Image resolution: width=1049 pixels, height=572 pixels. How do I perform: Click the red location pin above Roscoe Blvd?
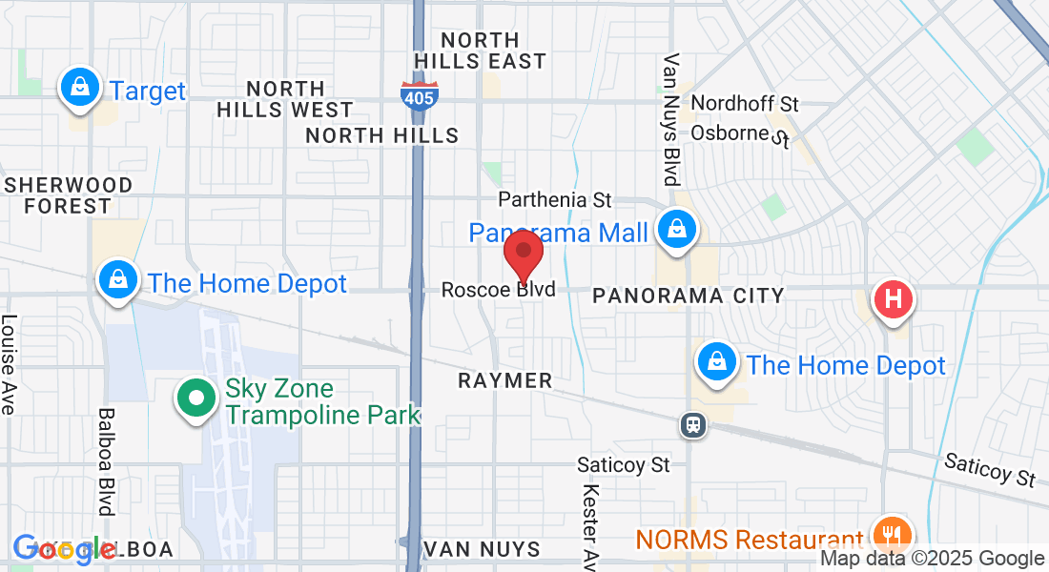pyautogui.click(x=523, y=252)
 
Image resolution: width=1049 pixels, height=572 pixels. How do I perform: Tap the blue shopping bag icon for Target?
pyautogui.click(x=81, y=88)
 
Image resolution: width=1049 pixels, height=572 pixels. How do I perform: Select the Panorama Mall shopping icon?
pyautogui.click(x=675, y=230)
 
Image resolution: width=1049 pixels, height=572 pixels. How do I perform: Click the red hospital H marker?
pyautogui.click(x=893, y=298)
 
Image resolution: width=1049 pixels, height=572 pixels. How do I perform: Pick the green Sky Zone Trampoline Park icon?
pyautogui.click(x=195, y=399)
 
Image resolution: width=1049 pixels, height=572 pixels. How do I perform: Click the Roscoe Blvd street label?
pyautogui.click(x=498, y=289)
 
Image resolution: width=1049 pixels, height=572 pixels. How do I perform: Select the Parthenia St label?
pyautogui.click(x=555, y=200)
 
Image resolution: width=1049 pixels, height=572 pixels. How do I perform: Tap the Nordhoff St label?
pyautogui.click(x=745, y=103)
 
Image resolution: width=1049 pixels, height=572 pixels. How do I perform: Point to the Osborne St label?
pyautogui.click(x=742, y=133)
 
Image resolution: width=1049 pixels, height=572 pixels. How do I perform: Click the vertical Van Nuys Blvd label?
pyautogui.click(x=671, y=119)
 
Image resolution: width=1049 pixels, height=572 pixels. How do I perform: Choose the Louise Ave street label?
pyautogui.click(x=9, y=365)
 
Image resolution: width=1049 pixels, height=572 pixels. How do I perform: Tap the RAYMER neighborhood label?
pyautogui.click(x=505, y=380)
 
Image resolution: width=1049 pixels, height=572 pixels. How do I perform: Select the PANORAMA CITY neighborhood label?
pyautogui.click(x=688, y=296)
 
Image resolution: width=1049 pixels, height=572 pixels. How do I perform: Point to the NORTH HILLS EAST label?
pyautogui.click(x=481, y=51)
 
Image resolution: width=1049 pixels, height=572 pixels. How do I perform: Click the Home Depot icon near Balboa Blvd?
pyautogui.click(x=116, y=281)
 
